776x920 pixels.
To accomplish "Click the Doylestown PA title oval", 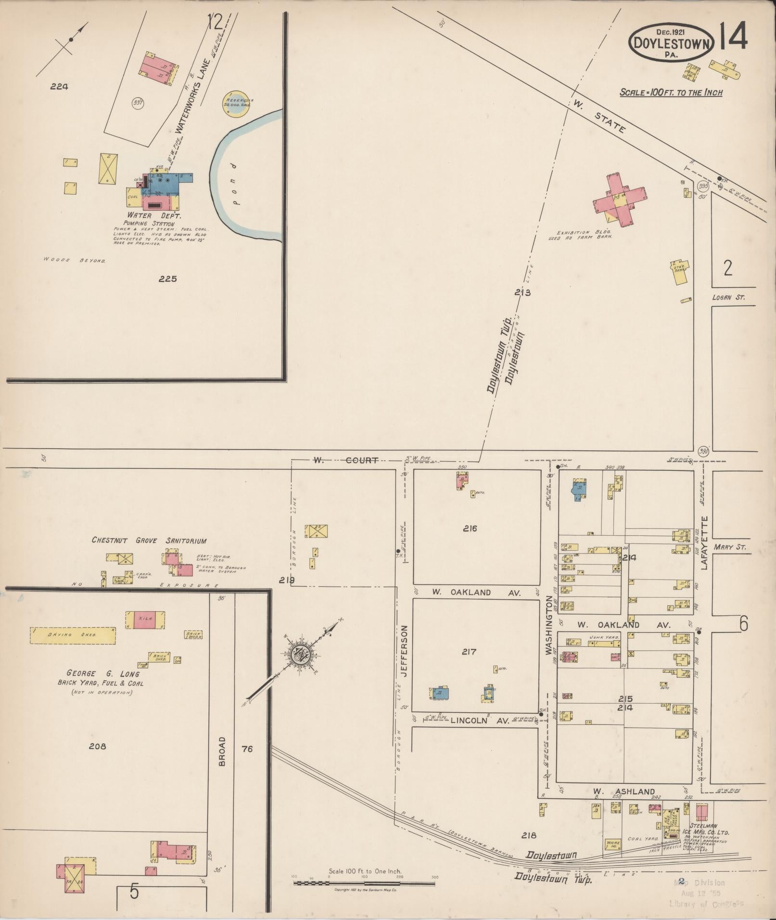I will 672,42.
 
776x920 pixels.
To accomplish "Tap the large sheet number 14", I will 733,36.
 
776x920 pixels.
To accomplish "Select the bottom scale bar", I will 364,883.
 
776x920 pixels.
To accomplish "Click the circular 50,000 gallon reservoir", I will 236,103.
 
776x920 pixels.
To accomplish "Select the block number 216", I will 470,529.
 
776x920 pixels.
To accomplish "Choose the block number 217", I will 469,652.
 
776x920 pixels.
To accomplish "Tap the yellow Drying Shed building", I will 73,635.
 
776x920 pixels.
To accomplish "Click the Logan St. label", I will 728,297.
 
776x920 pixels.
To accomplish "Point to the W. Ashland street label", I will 623,792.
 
